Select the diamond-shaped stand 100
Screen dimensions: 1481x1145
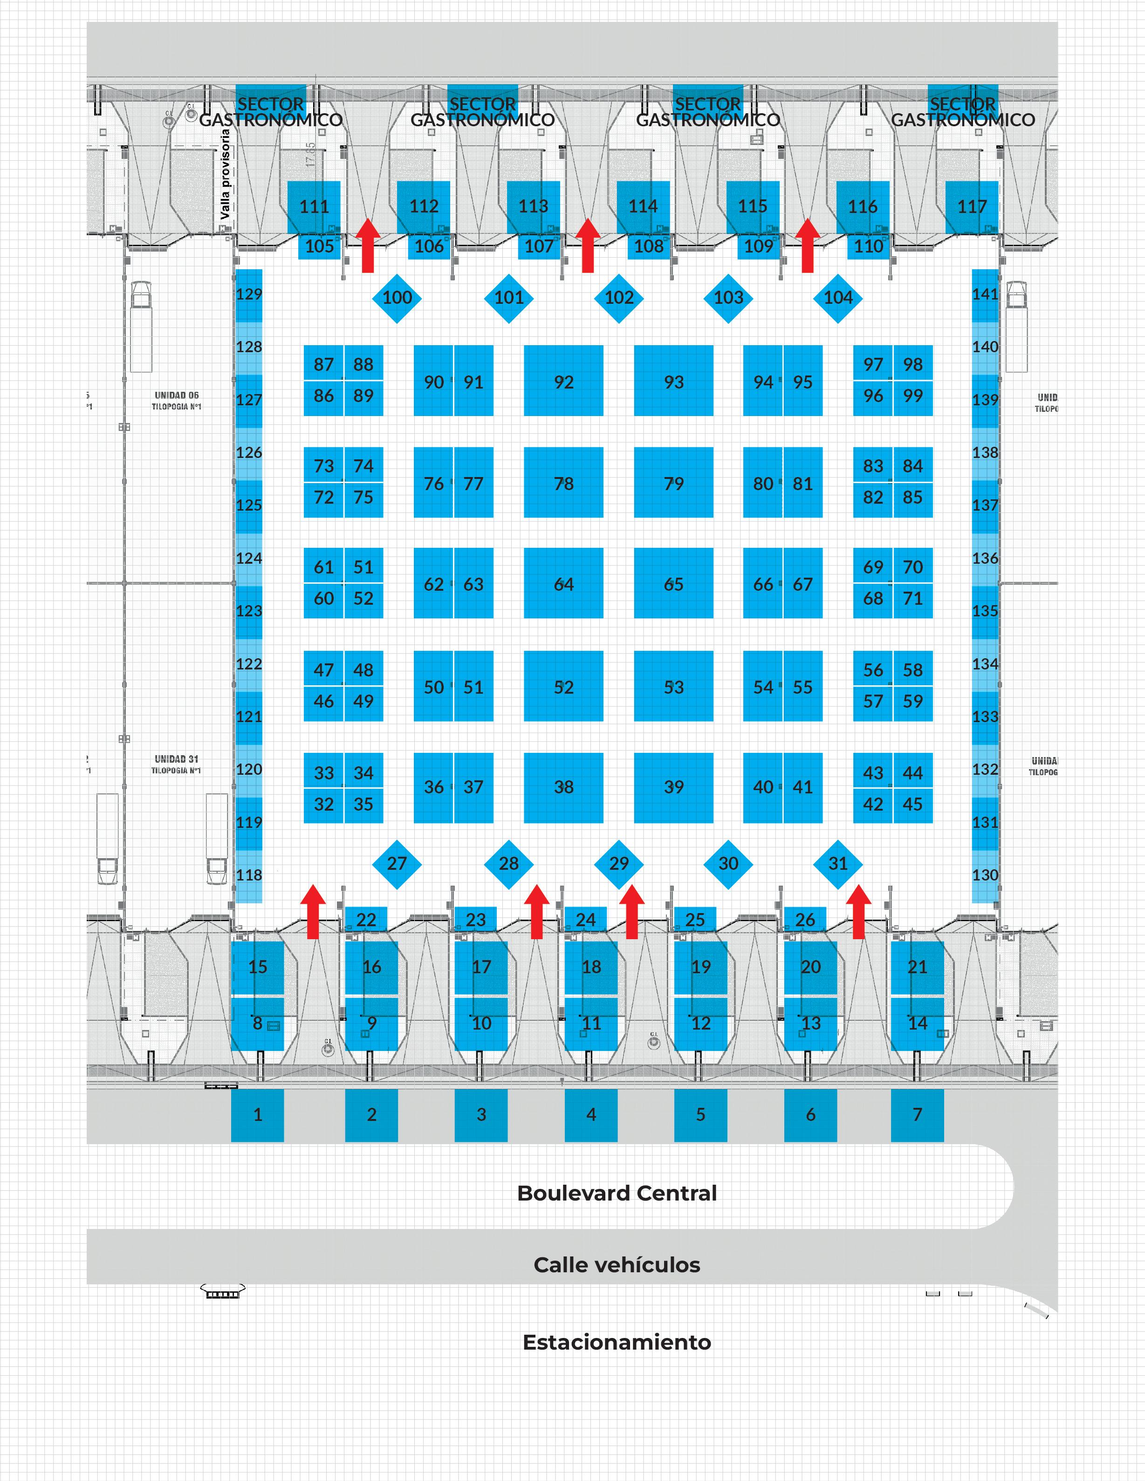(x=397, y=298)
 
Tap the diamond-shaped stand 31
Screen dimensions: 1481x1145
(x=838, y=864)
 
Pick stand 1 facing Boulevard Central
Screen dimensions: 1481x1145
(x=257, y=1115)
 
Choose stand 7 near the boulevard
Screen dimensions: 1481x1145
(x=917, y=1115)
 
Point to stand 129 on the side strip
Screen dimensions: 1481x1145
(x=248, y=295)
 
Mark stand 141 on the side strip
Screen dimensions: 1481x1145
(x=985, y=295)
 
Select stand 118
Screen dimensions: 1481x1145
(x=248, y=875)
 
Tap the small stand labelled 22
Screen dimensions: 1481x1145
(x=366, y=920)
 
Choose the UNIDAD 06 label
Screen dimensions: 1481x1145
(x=176, y=396)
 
